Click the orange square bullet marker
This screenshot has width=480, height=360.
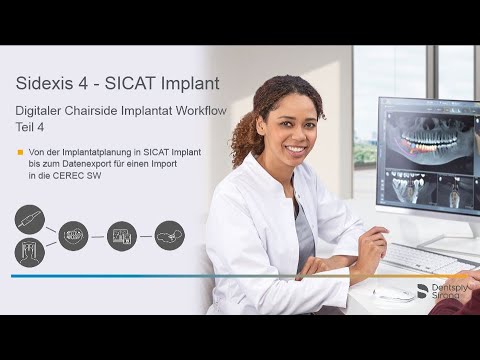(x=20, y=152)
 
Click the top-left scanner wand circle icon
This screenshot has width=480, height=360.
(x=30, y=218)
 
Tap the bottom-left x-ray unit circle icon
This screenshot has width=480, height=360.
(x=30, y=251)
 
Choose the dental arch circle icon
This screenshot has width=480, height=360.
(x=73, y=236)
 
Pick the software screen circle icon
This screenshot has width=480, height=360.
(x=121, y=236)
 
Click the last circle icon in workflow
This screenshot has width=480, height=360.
(x=169, y=236)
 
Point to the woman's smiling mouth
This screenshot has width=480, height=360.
(x=295, y=149)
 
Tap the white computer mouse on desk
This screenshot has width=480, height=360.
(x=393, y=294)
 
